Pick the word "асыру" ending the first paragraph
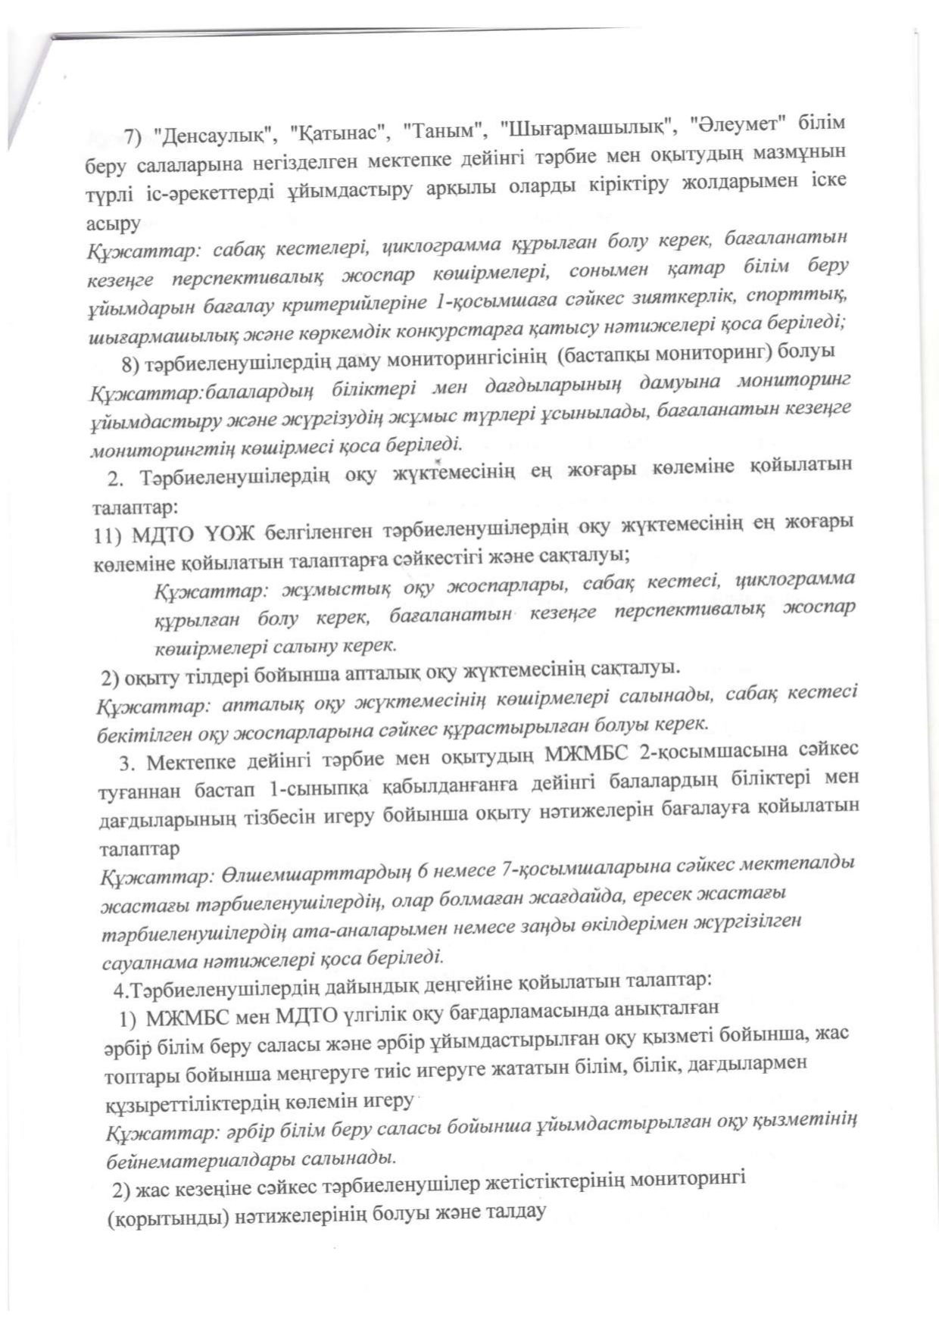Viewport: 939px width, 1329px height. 114,224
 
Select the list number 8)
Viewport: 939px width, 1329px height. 132,364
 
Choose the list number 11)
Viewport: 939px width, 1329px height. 108,537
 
